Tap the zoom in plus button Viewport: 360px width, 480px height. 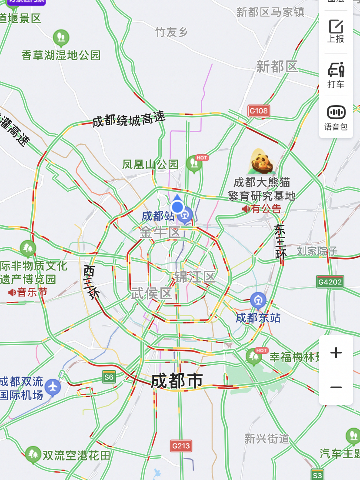click(x=336, y=353)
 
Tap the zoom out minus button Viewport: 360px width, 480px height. click(x=336, y=387)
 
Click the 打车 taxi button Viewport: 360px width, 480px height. click(x=336, y=75)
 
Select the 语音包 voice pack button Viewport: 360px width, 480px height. click(x=336, y=117)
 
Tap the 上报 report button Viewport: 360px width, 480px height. click(x=336, y=31)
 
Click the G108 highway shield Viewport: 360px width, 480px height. click(x=259, y=110)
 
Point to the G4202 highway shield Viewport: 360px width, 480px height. click(x=330, y=282)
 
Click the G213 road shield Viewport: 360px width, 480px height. click(x=181, y=446)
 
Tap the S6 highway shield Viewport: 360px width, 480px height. click(x=109, y=377)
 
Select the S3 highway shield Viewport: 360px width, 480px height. click(x=317, y=474)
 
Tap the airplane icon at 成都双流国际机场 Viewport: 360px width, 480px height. click(x=53, y=387)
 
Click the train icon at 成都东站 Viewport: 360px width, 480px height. click(x=258, y=300)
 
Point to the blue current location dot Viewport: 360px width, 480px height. click(x=177, y=207)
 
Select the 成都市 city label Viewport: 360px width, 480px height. click(x=177, y=381)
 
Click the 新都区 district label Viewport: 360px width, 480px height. click(x=277, y=67)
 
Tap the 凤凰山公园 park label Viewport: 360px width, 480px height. click(x=150, y=164)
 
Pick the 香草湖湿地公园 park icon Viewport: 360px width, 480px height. click(x=61, y=37)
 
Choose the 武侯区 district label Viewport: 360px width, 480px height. click(x=152, y=294)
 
